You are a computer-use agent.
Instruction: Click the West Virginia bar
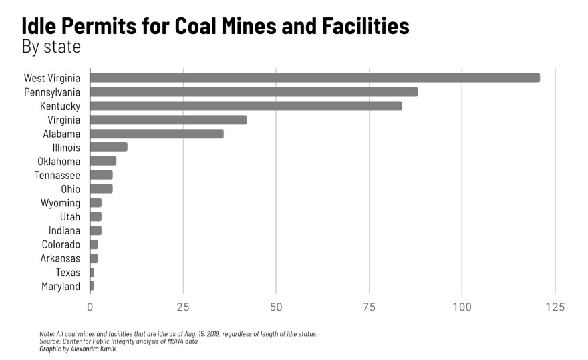click(x=314, y=77)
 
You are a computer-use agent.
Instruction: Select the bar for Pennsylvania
click(x=254, y=92)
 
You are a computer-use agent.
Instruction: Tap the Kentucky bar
click(x=246, y=106)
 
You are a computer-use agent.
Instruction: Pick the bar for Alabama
click(x=157, y=134)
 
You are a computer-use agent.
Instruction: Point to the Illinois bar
click(x=108, y=147)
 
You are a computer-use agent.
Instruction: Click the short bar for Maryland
click(x=92, y=286)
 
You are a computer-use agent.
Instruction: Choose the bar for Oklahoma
click(x=104, y=161)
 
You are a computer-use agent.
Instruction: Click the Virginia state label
click(x=64, y=120)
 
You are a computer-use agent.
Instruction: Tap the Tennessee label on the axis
click(x=57, y=175)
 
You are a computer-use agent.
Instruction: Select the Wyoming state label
click(x=60, y=203)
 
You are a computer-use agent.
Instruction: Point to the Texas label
click(x=68, y=272)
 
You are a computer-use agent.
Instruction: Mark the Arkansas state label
click(x=60, y=258)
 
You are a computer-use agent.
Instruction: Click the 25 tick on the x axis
click(x=183, y=307)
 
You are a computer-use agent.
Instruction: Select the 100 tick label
click(x=462, y=307)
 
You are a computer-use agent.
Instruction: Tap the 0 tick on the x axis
click(x=90, y=307)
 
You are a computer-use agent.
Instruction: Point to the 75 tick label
click(x=369, y=307)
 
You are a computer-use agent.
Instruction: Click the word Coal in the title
click(x=200, y=27)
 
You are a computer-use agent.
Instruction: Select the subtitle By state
click(x=51, y=47)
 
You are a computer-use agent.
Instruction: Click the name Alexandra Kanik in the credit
click(x=87, y=349)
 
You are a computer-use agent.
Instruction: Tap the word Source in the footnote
click(x=50, y=341)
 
